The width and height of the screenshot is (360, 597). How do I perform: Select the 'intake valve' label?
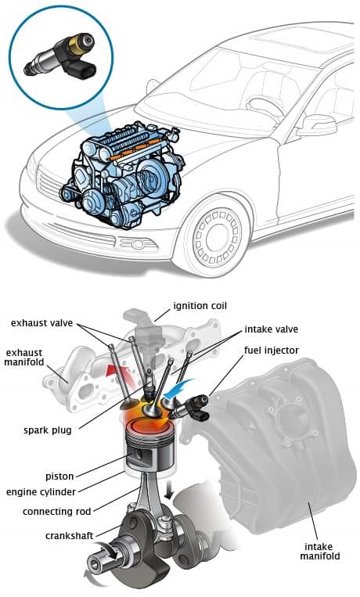[272, 329]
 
